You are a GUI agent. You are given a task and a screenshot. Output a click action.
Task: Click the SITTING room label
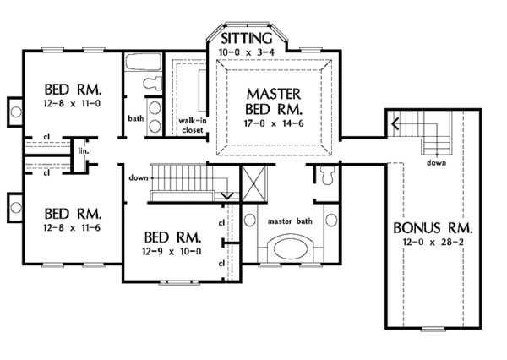tap(247, 39)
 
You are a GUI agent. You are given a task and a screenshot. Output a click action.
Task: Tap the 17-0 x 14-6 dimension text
tap(274, 123)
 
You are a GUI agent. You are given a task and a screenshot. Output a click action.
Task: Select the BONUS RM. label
tap(433, 228)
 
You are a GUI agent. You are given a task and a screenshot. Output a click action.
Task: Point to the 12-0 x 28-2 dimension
tap(433, 242)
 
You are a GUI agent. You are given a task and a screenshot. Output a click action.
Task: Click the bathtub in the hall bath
tap(143, 62)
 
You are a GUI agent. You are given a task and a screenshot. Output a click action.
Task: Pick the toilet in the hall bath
tap(152, 84)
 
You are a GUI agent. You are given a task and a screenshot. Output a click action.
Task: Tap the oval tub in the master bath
tap(290, 249)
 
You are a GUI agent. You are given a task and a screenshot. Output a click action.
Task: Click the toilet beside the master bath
tap(328, 176)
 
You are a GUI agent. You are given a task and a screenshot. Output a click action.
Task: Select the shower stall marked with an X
tap(253, 183)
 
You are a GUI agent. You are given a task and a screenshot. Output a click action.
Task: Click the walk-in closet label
tap(193, 126)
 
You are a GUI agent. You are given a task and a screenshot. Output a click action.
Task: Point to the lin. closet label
tap(84, 150)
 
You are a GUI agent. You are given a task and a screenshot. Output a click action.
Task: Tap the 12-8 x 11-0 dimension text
tap(72, 103)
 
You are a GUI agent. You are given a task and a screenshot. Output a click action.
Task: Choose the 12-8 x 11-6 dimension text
tap(72, 227)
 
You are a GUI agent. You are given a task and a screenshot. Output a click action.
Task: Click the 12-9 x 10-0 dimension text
tap(172, 251)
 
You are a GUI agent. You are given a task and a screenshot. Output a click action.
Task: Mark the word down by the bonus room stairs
tap(436, 163)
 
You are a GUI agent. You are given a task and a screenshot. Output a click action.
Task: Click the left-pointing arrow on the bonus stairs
tap(395, 123)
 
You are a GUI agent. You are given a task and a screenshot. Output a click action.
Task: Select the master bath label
tap(290, 221)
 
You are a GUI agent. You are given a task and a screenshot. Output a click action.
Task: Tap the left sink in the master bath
tap(249, 221)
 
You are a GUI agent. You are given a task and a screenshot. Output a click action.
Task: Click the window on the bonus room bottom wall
tap(433, 329)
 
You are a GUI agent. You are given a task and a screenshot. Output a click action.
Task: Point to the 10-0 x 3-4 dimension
tap(247, 52)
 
